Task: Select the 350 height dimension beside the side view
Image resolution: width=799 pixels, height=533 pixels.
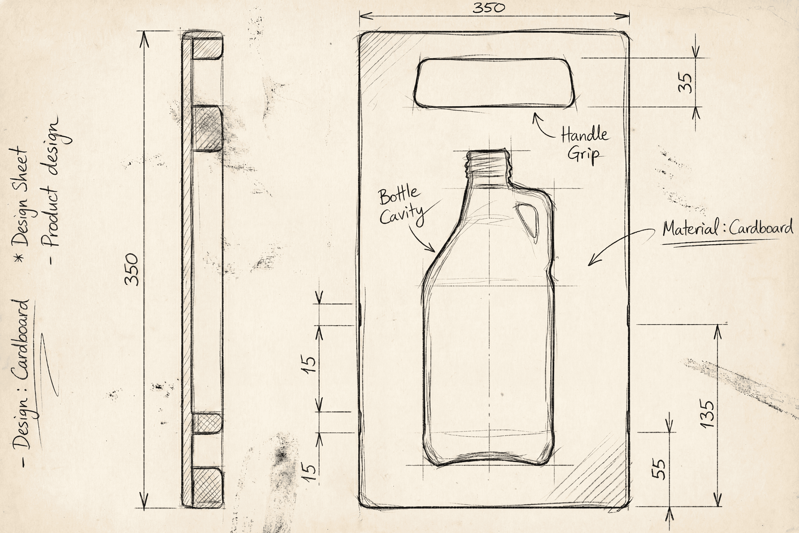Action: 132,269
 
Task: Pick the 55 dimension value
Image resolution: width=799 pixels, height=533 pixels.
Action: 659,469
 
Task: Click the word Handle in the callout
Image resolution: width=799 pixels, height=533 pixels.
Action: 584,135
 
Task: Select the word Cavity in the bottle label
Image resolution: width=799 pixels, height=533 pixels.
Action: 402,215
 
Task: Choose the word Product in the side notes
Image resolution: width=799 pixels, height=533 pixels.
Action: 51,221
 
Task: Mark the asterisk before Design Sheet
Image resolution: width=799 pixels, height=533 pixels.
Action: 20,257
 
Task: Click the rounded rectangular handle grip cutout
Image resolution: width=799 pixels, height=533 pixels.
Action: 494,83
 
